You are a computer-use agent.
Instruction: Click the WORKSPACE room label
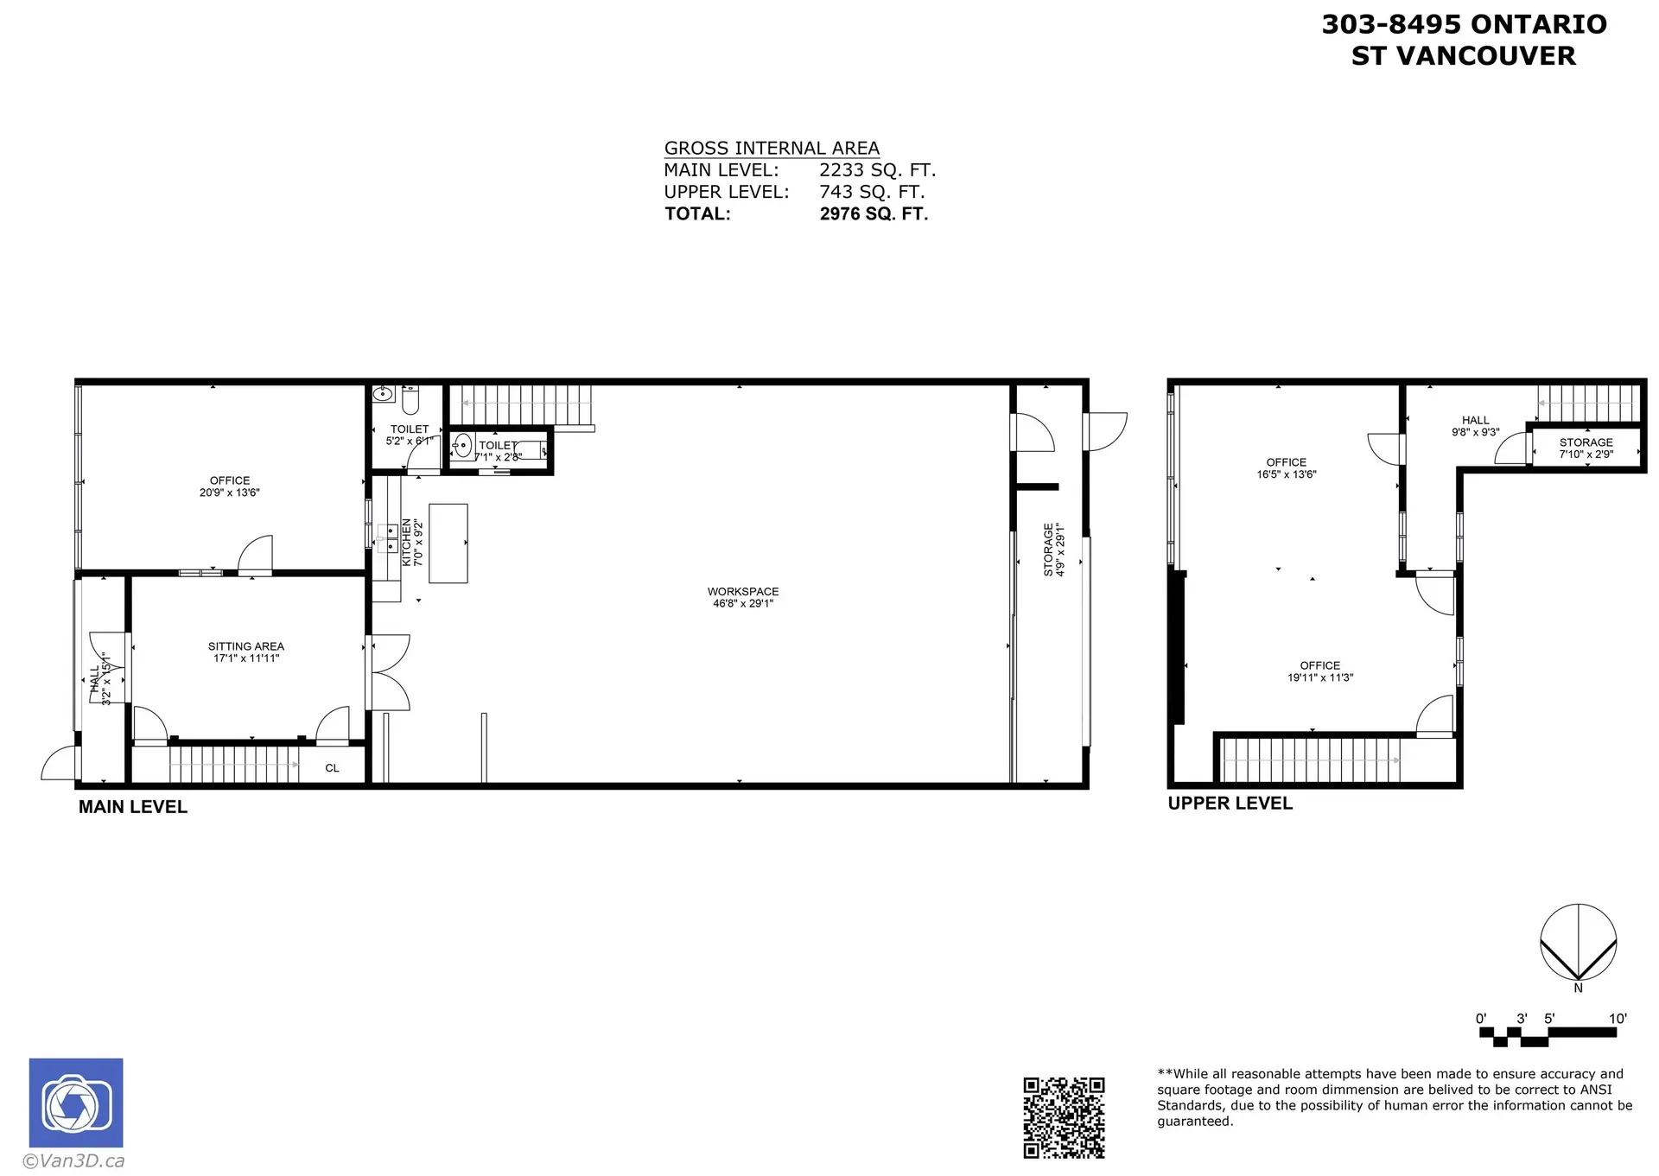pos(742,592)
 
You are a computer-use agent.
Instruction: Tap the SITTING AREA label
pos(245,646)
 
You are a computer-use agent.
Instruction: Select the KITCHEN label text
pos(407,543)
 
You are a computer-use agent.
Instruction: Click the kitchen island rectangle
pos(448,544)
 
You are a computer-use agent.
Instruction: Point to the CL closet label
pos(332,768)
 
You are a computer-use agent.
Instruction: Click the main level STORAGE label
pos(1048,550)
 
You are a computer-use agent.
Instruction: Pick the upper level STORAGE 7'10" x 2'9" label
pos(1586,448)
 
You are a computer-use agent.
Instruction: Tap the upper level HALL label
pos(1475,420)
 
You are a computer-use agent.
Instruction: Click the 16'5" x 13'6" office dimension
pos(1286,474)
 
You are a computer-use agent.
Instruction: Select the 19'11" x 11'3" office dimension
pos(1319,677)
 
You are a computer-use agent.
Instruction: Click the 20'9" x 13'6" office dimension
pos(229,493)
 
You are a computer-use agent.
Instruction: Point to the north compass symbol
pos(1578,943)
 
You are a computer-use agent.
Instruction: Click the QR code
pos(1064,1117)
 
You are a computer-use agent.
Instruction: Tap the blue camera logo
pos(76,1103)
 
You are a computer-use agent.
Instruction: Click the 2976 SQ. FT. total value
pos(874,214)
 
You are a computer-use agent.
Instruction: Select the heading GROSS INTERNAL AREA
pos(772,149)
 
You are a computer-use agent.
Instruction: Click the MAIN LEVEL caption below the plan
pos(133,807)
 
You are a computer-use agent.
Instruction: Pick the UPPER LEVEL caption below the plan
pos(1230,804)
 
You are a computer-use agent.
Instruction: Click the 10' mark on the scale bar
pos(1618,1019)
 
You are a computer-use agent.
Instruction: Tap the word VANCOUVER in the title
pos(1486,56)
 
